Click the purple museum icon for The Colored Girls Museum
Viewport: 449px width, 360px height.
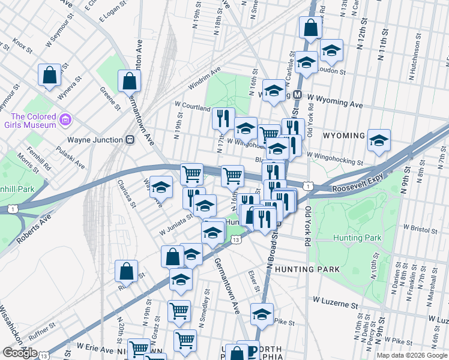tap(65, 121)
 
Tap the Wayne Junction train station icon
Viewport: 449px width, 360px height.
tap(129, 139)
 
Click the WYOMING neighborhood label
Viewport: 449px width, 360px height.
tap(344, 136)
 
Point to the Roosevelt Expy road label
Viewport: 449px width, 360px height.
tap(357, 187)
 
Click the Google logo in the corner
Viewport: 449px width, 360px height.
tap(19, 353)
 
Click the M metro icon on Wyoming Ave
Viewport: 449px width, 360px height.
tap(297, 95)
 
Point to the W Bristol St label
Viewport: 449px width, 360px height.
tap(423, 229)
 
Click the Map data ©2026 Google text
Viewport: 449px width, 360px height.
tap(412, 355)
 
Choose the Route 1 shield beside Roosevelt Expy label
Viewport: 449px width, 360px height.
tap(308, 187)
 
